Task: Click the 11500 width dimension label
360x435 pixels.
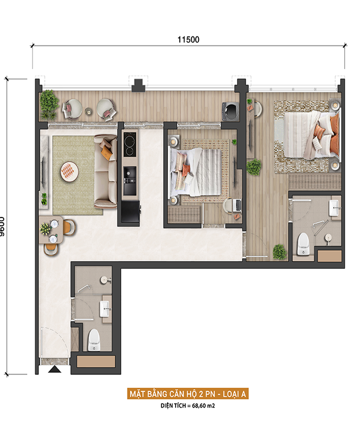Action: click(188, 40)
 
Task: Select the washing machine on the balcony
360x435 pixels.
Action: click(230, 112)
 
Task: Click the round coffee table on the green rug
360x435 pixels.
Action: click(70, 172)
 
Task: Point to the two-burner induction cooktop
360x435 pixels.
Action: click(130, 144)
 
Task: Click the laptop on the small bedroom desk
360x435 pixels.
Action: click(238, 205)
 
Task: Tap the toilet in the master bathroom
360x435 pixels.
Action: click(303, 244)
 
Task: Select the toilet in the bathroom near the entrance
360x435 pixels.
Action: click(94, 340)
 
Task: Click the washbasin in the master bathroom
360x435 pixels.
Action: click(335, 208)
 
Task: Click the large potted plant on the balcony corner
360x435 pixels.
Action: click(49, 104)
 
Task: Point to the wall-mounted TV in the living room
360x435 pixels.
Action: click(43, 171)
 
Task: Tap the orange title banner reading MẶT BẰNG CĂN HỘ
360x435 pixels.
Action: click(188, 394)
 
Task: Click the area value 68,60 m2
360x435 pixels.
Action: click(203, 406)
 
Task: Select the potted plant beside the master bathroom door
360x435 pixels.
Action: click(279, 252)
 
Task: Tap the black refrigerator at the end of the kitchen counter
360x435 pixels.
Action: click(130, 211)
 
